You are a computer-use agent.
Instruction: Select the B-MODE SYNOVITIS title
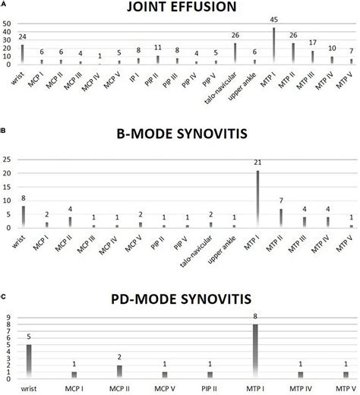click(x=179, y=136)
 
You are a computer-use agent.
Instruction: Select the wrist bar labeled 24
click(x=23, y=54)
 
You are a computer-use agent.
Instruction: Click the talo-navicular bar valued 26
click(x=235, y=53)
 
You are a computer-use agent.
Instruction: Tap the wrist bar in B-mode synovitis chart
click(x=23, y=216)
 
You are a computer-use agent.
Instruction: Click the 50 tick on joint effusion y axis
click(x=8, y=24)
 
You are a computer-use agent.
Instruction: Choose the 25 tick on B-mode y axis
click(x=8, y=160)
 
